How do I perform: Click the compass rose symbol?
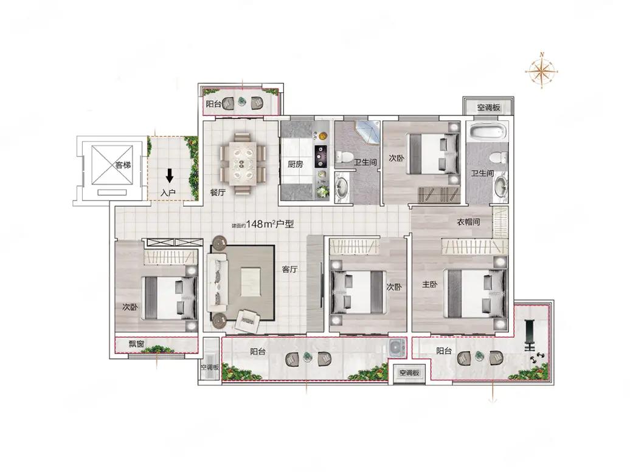[x=542, y=70]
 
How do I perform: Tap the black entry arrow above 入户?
[x=170, y=176]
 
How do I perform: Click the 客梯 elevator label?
[x=123, y=165]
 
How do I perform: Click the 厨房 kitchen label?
[x=296, y=164]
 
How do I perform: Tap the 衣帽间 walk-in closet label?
[x=468, y=222]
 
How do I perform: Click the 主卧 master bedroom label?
[x=429, y=284]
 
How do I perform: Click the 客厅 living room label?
[x=289, y=269]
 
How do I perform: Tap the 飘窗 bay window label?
[x=137, y=344]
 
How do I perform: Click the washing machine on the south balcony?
[x=397, y=347]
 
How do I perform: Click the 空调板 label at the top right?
[x=488, y=108]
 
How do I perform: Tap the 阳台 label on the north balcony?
[x=213, y=104]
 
